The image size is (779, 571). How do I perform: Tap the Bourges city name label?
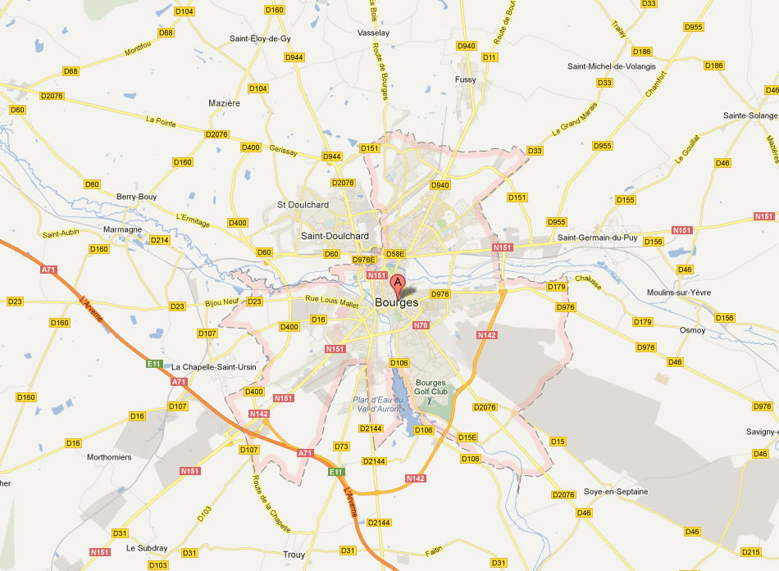point(396,303)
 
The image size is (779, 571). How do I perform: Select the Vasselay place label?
point(373,34)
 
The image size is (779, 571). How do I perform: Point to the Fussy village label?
point(465,79)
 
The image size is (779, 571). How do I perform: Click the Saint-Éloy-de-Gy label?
point(260,39)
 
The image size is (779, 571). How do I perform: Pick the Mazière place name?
point(225,104)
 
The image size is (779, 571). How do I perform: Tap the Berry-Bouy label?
point(136,197)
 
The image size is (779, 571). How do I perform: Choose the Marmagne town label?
point(122,229)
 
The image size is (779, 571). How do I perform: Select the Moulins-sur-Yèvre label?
point(678,292)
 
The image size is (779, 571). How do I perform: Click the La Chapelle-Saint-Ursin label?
point(214,367)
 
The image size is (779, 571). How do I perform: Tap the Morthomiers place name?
point(109,457)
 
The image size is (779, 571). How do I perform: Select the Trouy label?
point(294,555)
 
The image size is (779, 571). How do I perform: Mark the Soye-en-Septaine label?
point(616,492)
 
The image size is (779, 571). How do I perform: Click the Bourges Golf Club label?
point(434,387)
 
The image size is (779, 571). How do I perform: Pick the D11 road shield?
point(490,57)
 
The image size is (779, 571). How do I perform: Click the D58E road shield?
point(396,254)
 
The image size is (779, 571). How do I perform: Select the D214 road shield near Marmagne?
point(159,240)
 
